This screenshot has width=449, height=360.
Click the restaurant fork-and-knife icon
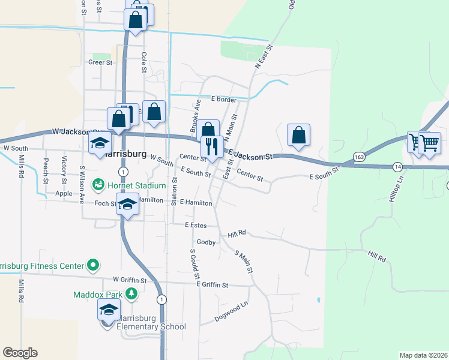click(x=212, y=145)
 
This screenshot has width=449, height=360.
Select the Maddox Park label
click(x=98, y=295)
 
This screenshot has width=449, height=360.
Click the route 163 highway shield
click(x=359, y=157)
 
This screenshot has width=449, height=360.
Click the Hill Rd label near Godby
click(x=237, y=233)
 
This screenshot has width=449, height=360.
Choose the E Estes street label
click(x=196, y=224)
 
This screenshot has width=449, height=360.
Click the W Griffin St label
click(x=130, y=280)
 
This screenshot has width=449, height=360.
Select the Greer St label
click(x=100, y=62)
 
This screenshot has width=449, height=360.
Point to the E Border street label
click(x=223, y=100)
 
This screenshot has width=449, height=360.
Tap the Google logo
click(x=20, y=353)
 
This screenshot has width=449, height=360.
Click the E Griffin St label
click(x=212, y=285)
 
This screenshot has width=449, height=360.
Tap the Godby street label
click(x=206, y=242)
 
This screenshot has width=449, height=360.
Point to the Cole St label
click(x=144, y=62)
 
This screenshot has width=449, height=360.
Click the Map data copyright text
click(x=424, y=355)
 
